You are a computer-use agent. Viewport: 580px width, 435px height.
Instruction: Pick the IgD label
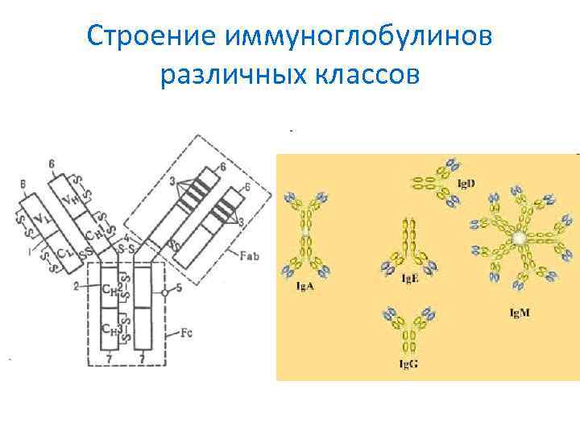[x=466, y=183]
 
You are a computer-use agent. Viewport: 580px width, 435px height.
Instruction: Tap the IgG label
[x=408, y=363]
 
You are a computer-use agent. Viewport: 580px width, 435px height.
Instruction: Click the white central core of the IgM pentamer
[x=520, y=238]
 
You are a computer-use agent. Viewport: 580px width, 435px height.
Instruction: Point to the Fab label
[x=250, y=255]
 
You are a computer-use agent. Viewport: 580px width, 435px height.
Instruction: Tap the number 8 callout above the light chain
[x=23, y=183]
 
